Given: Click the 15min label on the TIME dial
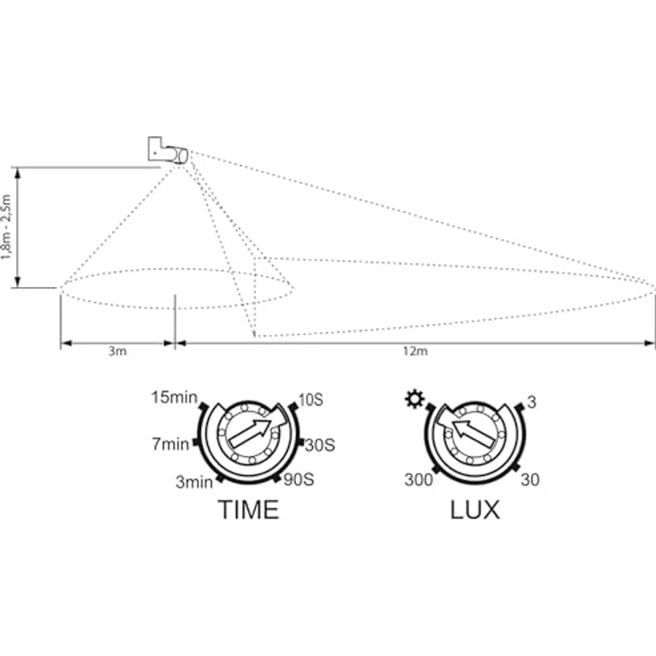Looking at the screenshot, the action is (174, 398).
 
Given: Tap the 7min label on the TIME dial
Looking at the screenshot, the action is (170, 444).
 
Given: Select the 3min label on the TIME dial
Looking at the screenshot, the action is (194, 482).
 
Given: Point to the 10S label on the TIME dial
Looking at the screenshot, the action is (310, 400).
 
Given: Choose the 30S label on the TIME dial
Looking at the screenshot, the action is (320, 445).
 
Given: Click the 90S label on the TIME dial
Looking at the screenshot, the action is (299, 480).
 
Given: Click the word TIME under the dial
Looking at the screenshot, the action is (249, 510).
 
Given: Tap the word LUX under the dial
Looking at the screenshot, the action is (475, 510).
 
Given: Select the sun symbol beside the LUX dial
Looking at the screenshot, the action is (414, 399).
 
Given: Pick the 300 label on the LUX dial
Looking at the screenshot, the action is (418, 480).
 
